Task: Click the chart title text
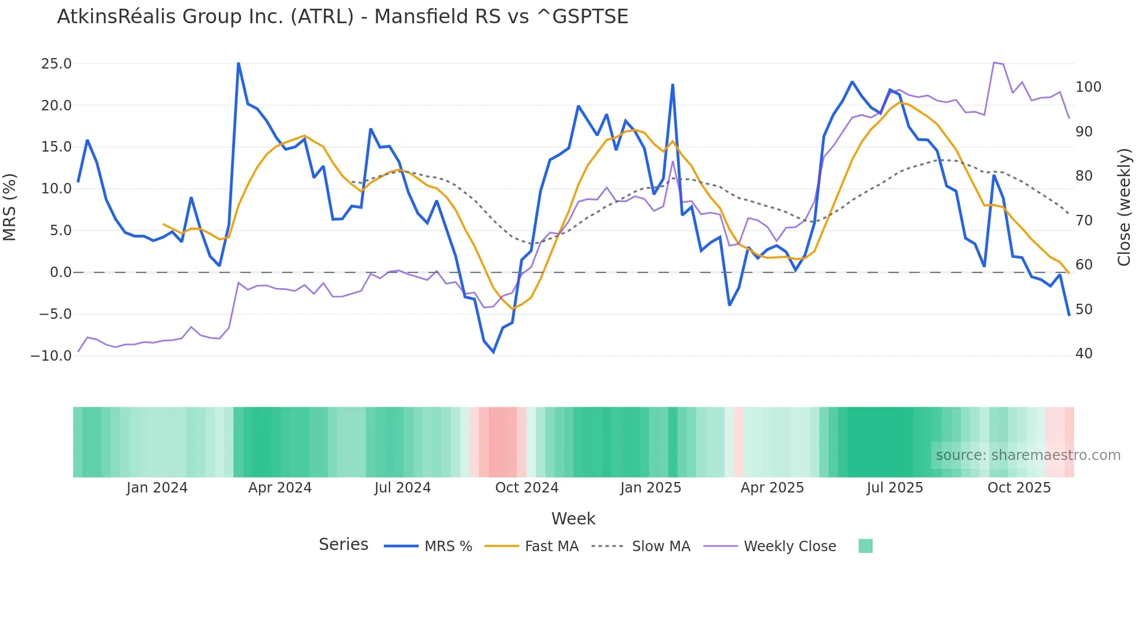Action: click(x=343, y=17)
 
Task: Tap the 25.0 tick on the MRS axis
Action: click(x=56, y=64)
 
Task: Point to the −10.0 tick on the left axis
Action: click(x=51, y=356)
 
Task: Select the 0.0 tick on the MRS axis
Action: click(x=60, y=272)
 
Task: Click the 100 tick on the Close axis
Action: click(x=1088, y=87)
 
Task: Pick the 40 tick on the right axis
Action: click(x=1084, y=354)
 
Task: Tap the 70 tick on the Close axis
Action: click(x=1084, y=221)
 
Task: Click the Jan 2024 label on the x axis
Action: click(x=157, y=488)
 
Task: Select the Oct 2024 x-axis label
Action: click(x=527, y=488)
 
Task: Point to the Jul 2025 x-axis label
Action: click(x=895, y=488)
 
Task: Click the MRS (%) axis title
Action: click(x=10, y=207)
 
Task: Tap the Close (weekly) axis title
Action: click(x=1124, y=207)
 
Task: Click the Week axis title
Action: click(x=573, y=519)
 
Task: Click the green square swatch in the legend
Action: click(x=865, y=546)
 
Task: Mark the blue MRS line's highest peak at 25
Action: click(x=239, y=63)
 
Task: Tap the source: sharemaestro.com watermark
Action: click(x=1028, y=455)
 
